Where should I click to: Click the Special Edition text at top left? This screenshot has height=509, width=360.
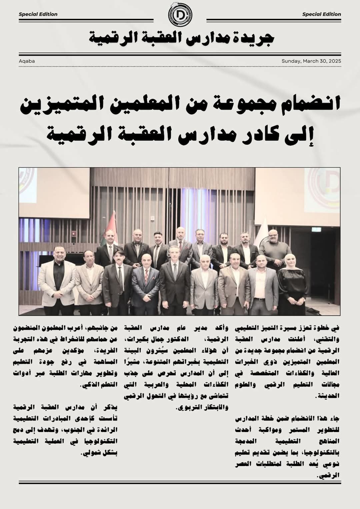tap(38, 14)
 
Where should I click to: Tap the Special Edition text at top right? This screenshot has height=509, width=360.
tap(321, 14)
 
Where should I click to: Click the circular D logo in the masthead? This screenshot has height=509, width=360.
tap(180, 16)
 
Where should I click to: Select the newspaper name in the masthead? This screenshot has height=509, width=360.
tap(182, 37)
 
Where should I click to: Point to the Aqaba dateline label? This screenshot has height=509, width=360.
tap(27, 61)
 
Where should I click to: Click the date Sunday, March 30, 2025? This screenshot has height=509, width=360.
tap(311, 61)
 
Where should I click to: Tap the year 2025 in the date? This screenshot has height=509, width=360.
tap(335, 61)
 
